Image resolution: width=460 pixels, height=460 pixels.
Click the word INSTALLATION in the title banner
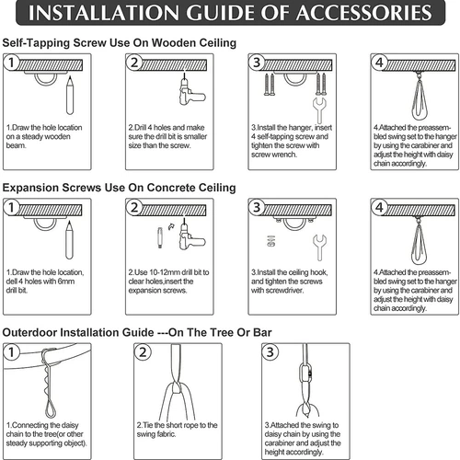pyautogui.click(x=103, y=13)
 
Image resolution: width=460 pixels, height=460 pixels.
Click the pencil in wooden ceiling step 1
pyautogui.click(x=70, y=96)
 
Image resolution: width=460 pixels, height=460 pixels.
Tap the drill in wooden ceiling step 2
pyautogui.click(x=190, y=91)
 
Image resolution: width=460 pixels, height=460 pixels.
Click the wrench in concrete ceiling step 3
pyautogui.click(x=319, y=247)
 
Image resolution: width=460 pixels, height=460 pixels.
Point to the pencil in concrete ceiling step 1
pyautogui.click(x=70, y=240)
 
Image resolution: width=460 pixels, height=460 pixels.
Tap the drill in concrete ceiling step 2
pyautogui.click(x=190, y=236)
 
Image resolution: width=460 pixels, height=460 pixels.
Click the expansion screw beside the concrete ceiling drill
pyautogui.click(x=160, y=237)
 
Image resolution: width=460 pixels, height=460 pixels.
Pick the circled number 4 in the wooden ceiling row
pyautogui.click(x=379, y=63)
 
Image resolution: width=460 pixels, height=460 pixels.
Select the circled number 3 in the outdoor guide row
pyautogui.click(x=270, y=352)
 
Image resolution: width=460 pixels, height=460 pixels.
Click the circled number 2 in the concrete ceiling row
pyautogui.click(x=134, y=208)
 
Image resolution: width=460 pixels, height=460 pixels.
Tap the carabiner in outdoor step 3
pyautogui.click(x=305, y=372)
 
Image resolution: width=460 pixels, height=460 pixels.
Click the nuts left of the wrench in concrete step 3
pyautogui.click(x=270, y=241)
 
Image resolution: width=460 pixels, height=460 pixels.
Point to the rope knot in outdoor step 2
pyautogui.click(x=177, y=388)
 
